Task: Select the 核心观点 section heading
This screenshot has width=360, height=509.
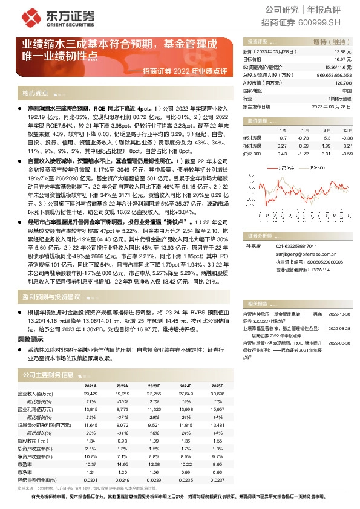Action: pyautogui.click(x=35, y=94)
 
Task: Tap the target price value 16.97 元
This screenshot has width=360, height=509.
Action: pyautogui.click(x=342, y=60)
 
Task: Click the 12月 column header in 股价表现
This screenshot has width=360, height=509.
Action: pyautogui.click(x=345, y=130)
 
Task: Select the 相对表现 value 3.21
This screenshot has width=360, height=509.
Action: pyautogui.click(x=346, y=146)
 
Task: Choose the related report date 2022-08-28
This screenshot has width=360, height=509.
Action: pyautogui.click(x=339, y=328)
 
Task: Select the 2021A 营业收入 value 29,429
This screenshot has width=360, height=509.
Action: pyautogui.click(x=89, y=394)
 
